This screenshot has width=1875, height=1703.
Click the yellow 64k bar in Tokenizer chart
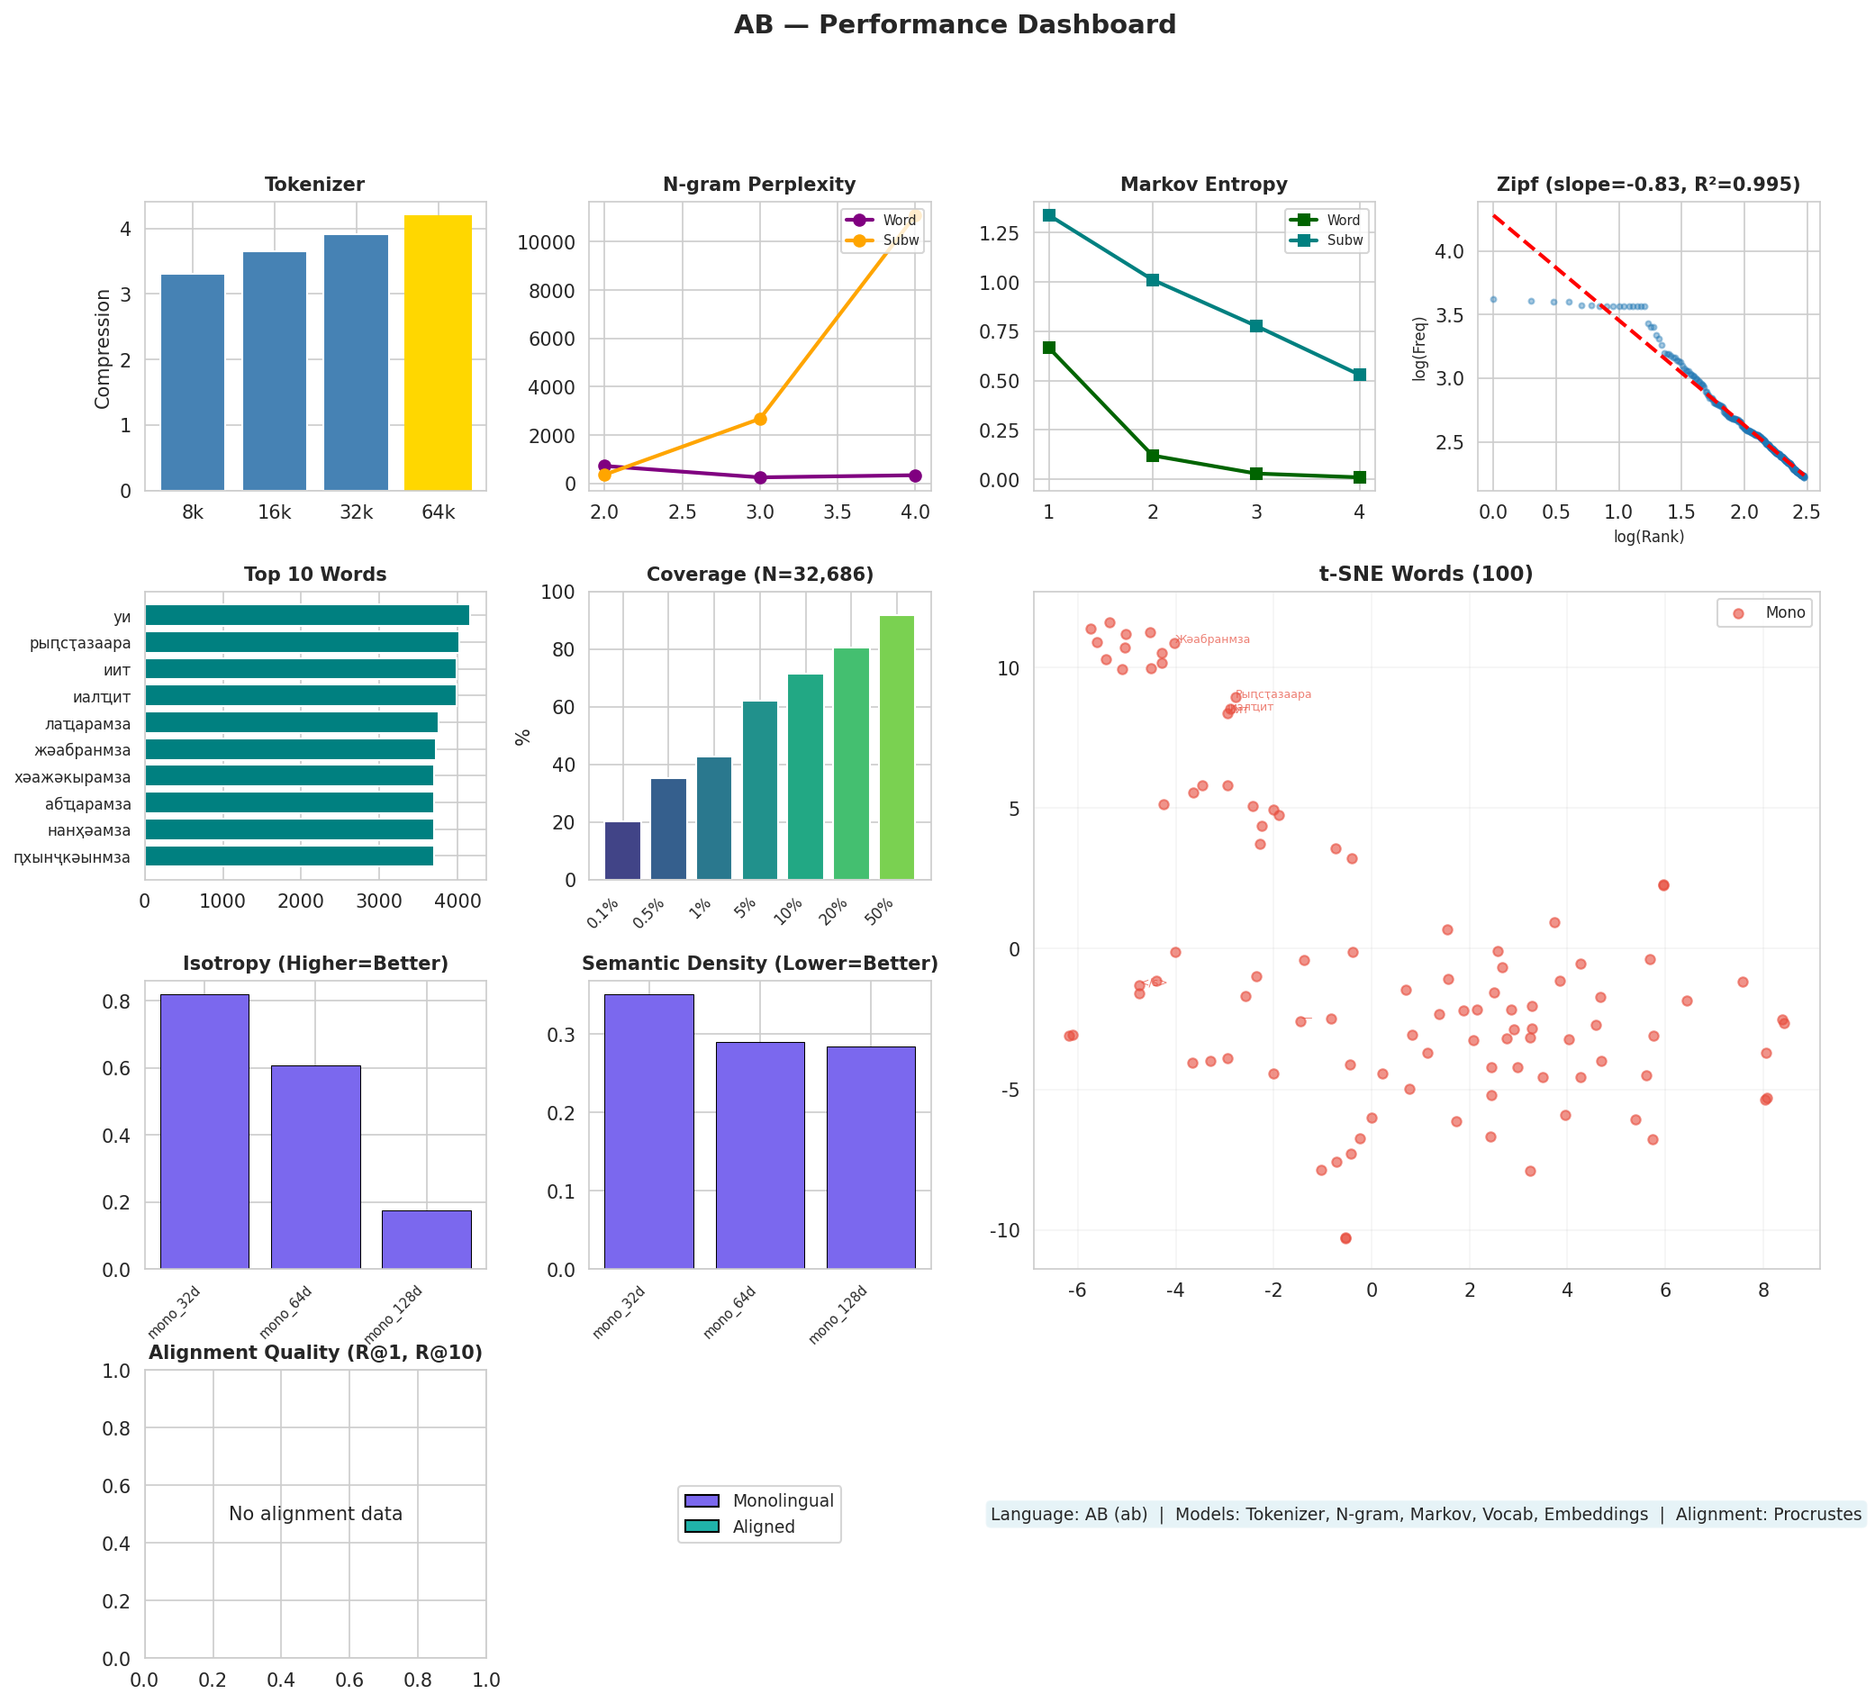437,353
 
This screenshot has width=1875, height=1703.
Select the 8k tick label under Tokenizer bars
193,512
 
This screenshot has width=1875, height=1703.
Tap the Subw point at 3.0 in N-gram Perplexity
760,420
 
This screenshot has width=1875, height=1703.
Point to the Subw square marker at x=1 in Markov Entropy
1049,215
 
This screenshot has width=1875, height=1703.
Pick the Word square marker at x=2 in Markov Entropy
1153,456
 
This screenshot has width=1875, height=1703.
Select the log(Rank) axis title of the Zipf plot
1648,537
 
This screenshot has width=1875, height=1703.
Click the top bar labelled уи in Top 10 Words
307,616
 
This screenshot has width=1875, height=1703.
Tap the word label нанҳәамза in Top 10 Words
89,830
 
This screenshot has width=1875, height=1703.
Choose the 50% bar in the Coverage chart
897,747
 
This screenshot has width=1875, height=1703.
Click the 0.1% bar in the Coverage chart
622,851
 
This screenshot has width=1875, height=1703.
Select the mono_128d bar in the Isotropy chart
426,1239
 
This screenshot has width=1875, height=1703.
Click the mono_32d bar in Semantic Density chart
648,1131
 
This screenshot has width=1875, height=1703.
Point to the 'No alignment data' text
315,1514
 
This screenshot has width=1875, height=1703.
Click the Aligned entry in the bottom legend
763,1527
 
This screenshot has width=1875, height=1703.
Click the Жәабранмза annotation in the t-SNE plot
1213,640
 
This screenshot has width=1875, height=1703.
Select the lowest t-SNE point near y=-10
1345,1238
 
